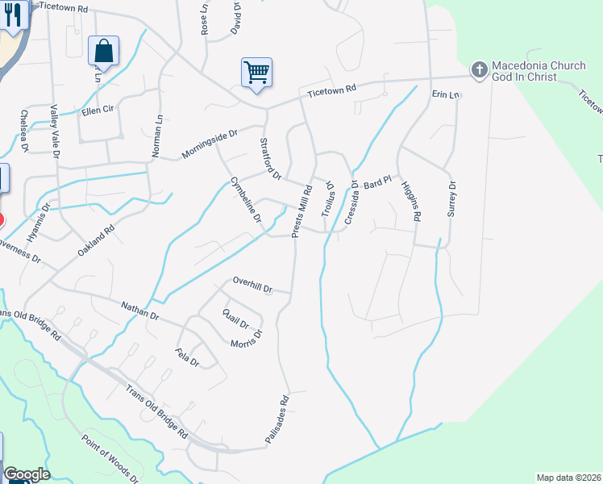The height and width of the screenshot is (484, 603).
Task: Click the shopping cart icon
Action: pos(256,73)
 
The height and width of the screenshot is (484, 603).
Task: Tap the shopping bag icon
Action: pos(104,51)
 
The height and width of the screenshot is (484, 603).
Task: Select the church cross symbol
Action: pos(479,69)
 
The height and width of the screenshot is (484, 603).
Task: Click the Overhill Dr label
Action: pos(253,285)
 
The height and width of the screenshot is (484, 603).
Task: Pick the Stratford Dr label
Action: pos(270,158)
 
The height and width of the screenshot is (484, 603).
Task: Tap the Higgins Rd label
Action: pos(411,200)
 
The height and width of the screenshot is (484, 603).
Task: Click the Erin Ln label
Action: pos(445,95)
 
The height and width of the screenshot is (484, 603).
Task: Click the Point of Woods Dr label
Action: pos(110,459)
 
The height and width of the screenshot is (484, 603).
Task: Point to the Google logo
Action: pos(27,474)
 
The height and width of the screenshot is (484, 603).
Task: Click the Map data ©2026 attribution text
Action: pos(568,478)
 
